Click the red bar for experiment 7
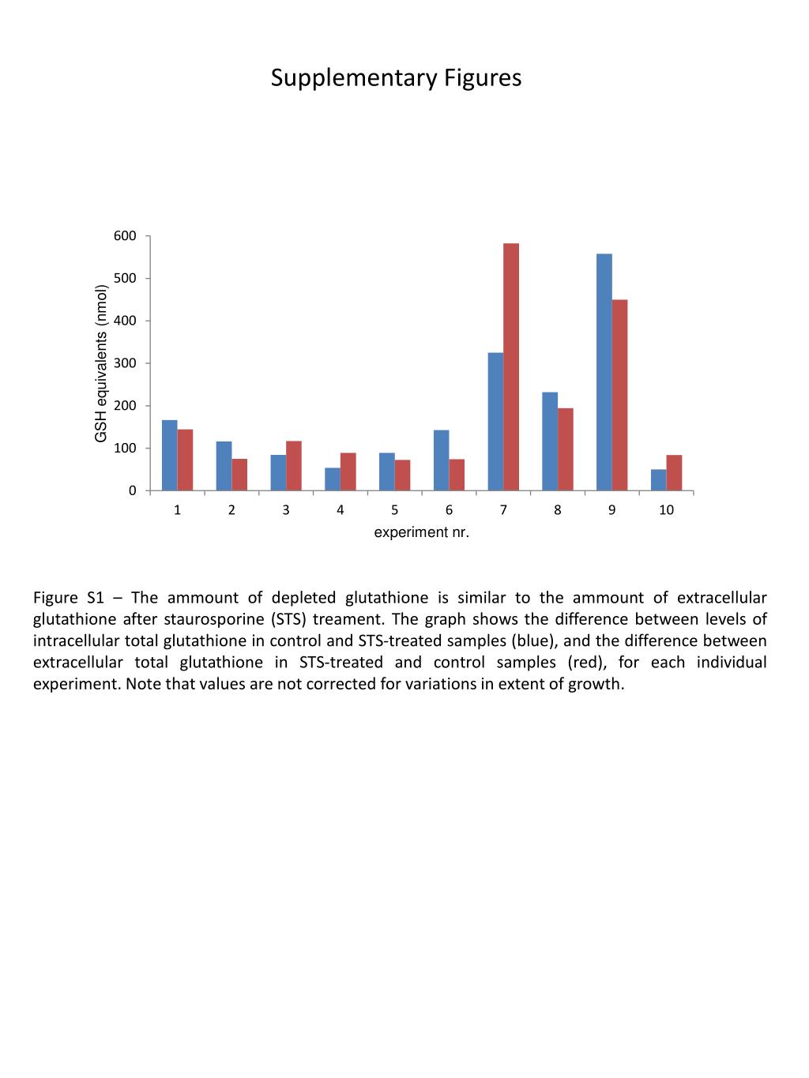[511, 367]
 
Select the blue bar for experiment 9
[604, 372]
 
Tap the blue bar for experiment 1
[169, 455]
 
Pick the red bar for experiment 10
[674, 473]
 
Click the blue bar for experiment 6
[441, 460]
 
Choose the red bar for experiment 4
[348, 471]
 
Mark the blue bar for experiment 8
[550, 441]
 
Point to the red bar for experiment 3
[294, 466]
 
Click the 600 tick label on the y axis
[125, 236]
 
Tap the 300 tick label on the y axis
[125, 363]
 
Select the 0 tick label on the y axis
[132, 490]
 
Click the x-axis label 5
[394, 510]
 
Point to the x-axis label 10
[666, 510]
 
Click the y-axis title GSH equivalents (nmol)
[100, 363]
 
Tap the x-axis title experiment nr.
[421, 533]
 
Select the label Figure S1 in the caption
[69, 598]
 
